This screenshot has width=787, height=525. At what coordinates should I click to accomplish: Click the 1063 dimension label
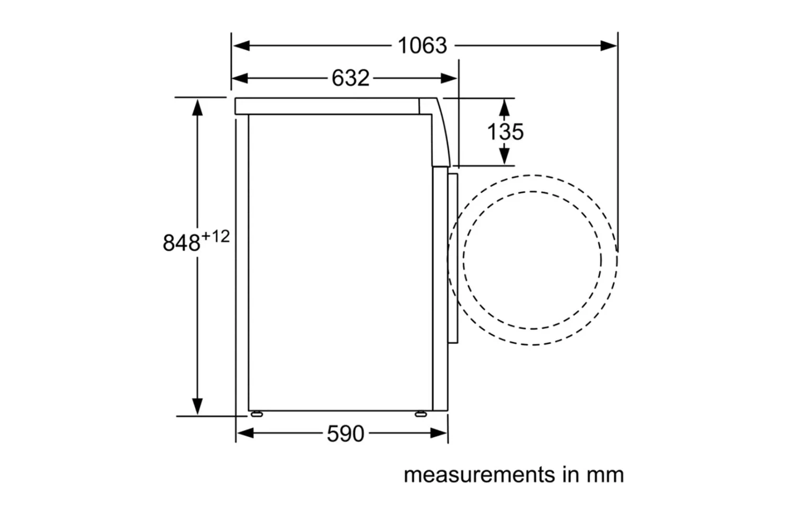[x=422, y=46]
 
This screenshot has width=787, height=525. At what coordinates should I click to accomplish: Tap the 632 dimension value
[x=350, y=78]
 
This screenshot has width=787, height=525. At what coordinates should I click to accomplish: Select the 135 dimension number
[x=505, y=131]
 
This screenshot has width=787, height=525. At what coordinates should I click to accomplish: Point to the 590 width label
[x=345, y=434]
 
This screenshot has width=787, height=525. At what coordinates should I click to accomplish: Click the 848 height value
[x=182, y=243]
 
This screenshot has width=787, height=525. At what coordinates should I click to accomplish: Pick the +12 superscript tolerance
[x=216, y=236]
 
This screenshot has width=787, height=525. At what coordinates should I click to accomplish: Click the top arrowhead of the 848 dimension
[x=197, y=107]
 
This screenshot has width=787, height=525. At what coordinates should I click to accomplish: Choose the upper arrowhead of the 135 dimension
[x=504, y=107]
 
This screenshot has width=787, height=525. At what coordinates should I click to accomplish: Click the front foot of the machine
[x=420, y=414]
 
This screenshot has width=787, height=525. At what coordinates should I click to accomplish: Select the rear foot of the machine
[x=257, y=414]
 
